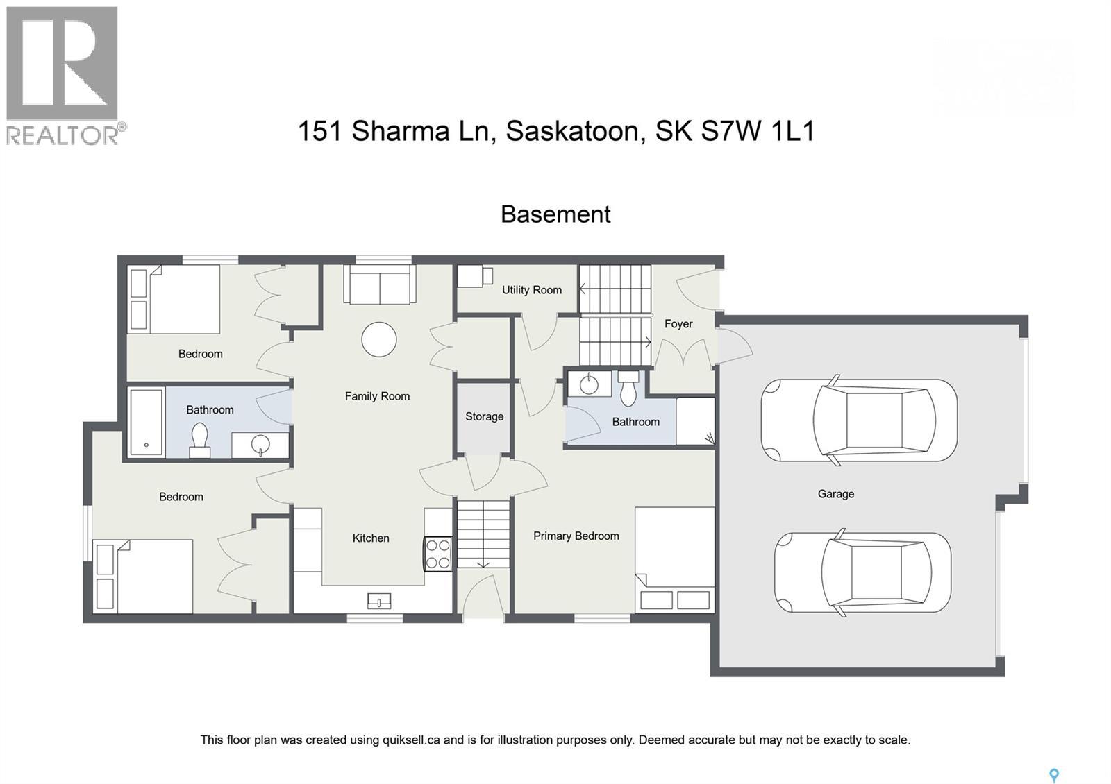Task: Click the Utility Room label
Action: (532, 290)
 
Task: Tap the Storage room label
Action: (484, 416)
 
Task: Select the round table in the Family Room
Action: (379, 340)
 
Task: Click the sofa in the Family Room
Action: (379, 285)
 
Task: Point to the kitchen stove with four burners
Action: (438, 554)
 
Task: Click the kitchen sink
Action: (379, 600)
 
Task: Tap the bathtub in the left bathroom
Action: (147, 422)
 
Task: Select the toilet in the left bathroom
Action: (200, 440)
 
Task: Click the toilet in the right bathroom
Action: (628, 388)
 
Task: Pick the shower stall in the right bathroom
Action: (695, 420)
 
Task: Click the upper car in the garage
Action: (859, 420)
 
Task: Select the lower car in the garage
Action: (862, 573)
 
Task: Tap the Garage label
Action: (835, 494)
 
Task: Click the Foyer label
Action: (678, 324)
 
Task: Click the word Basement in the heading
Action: (555, 214)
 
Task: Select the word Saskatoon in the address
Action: (572, 131)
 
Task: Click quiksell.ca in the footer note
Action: (411, 740)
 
